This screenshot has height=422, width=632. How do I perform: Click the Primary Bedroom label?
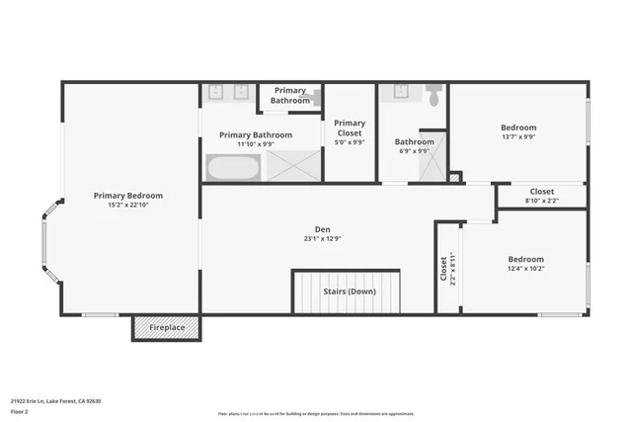[x=128, y=196]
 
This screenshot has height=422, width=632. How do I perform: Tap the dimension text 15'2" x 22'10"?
[x=128, y=206]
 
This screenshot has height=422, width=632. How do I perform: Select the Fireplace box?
[x=166, y=328]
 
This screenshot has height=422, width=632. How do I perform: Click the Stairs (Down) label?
[x=350, y=292]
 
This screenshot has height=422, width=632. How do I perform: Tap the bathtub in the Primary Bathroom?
[x=233, y=167]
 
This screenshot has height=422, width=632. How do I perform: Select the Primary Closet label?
[x=350, y=127]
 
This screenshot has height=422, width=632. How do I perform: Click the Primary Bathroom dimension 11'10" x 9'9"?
[x=256, y=144]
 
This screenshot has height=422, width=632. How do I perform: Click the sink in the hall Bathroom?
[x=400, y=93]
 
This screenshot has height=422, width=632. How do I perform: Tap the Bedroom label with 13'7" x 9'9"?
[x=517, y=127]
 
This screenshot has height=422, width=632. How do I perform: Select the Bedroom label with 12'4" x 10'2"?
[x=525, y=259]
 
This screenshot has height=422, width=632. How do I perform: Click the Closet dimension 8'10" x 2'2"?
[x=541, y=201]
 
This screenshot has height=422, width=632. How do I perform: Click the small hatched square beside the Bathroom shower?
[x=454, y=178]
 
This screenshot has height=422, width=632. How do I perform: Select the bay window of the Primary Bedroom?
[x=44, y=243]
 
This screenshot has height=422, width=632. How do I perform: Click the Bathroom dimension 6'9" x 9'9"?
[x=413, y=151]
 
